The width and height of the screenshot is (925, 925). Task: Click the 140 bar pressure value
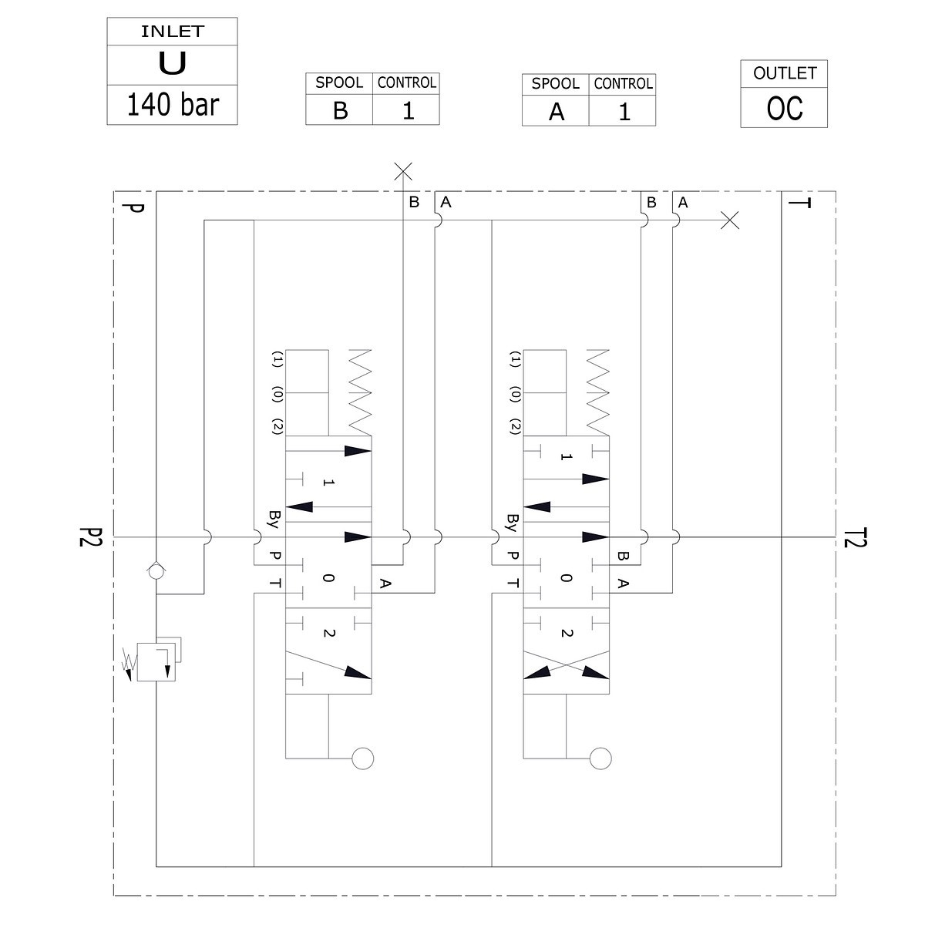[x=172, y=104]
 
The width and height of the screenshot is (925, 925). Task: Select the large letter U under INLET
[x=172, y=64]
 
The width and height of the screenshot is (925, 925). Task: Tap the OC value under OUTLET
[x=784, y=109]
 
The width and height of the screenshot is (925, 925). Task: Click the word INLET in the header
[x=172, y=32]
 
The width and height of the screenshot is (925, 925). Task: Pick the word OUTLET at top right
[x=784, y=73]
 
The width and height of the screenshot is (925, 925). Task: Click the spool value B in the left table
[x=340, y=111]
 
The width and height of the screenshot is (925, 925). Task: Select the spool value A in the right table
[x=556, y=113]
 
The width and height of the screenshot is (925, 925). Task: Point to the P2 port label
[x=90, y=537]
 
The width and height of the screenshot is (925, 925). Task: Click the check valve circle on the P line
[x=156, y=571]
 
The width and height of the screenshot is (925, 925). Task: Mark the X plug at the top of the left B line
[x=403, y=171]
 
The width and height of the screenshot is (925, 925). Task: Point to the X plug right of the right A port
[x=729, y=220]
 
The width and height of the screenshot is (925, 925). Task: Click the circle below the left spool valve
[x=362, y=758]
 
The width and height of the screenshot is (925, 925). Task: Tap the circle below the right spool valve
[x=600, y=758]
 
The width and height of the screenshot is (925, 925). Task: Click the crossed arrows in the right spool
[x=566, y=664]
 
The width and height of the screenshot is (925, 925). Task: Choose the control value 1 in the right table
[x=624, y=113]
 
